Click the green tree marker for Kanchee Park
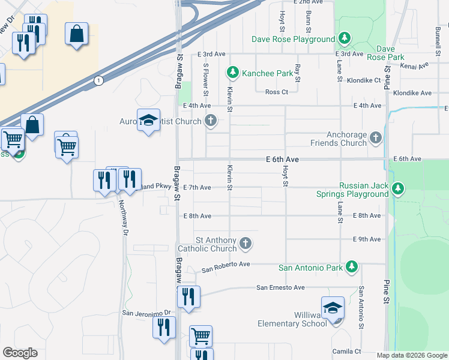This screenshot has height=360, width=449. pyautogui.click(x=233, y=73)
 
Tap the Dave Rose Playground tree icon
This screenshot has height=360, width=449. pyautogui.click(x=345, y=39)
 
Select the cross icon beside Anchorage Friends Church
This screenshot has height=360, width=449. pyautogui.click(x=376, y=139)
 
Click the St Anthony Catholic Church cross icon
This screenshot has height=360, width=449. pyautogui.click(x=245, y=244)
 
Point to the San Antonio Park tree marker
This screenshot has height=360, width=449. pyautogui.click(x=352, y=267)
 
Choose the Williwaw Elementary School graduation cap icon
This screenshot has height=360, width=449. pyautogui.click(x=333, y=307)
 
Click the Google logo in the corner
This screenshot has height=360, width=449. pyautogui.click(x=20, y=352)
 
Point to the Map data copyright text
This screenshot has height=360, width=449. pyautogui.click(x=412, y=355)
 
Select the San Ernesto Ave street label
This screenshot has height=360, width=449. pyautogui.click(x=281, y=287)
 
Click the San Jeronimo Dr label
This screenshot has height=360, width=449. pyautogui.click(x=147, y=313)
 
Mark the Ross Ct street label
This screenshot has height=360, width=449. pyautogui.click(x=277, y=92)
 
